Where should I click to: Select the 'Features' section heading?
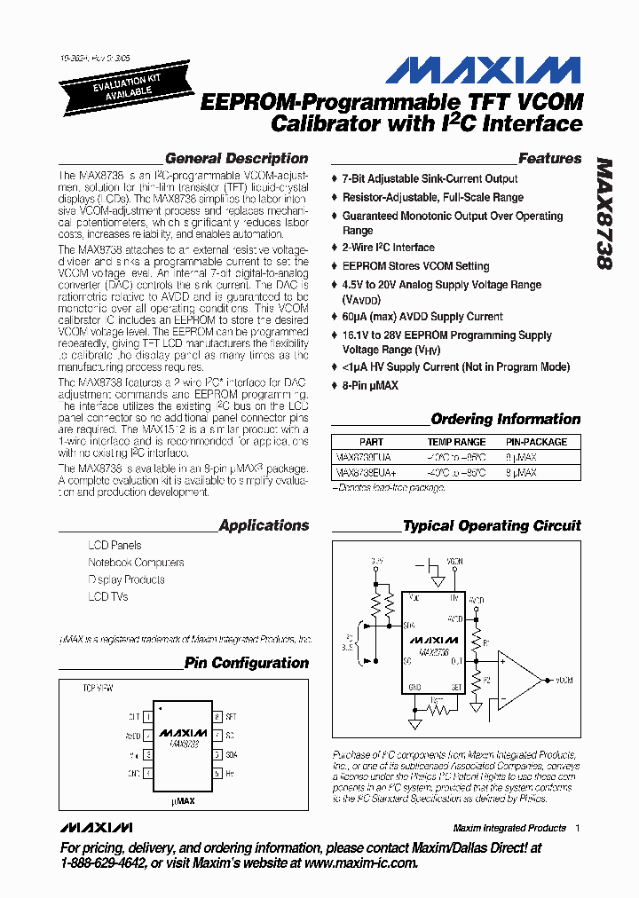click(x=549, y=159)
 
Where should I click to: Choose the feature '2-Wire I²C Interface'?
click(x=388, y=248)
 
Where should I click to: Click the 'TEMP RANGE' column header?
click(x=456, y=442)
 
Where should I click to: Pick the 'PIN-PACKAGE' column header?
click(x=536, y=442)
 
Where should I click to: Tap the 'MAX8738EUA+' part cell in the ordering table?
click(x=363, y=473)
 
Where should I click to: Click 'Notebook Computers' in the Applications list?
click(x=136, y=563)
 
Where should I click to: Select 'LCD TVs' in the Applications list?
click(x=108, y=597)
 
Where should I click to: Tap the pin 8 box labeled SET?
click(x=216, y=716)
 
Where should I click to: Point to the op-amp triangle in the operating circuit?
click(x=517, y=681)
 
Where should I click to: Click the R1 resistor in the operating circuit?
click(x=476, y=641)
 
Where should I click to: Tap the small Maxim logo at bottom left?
click(x=92, y=827)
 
